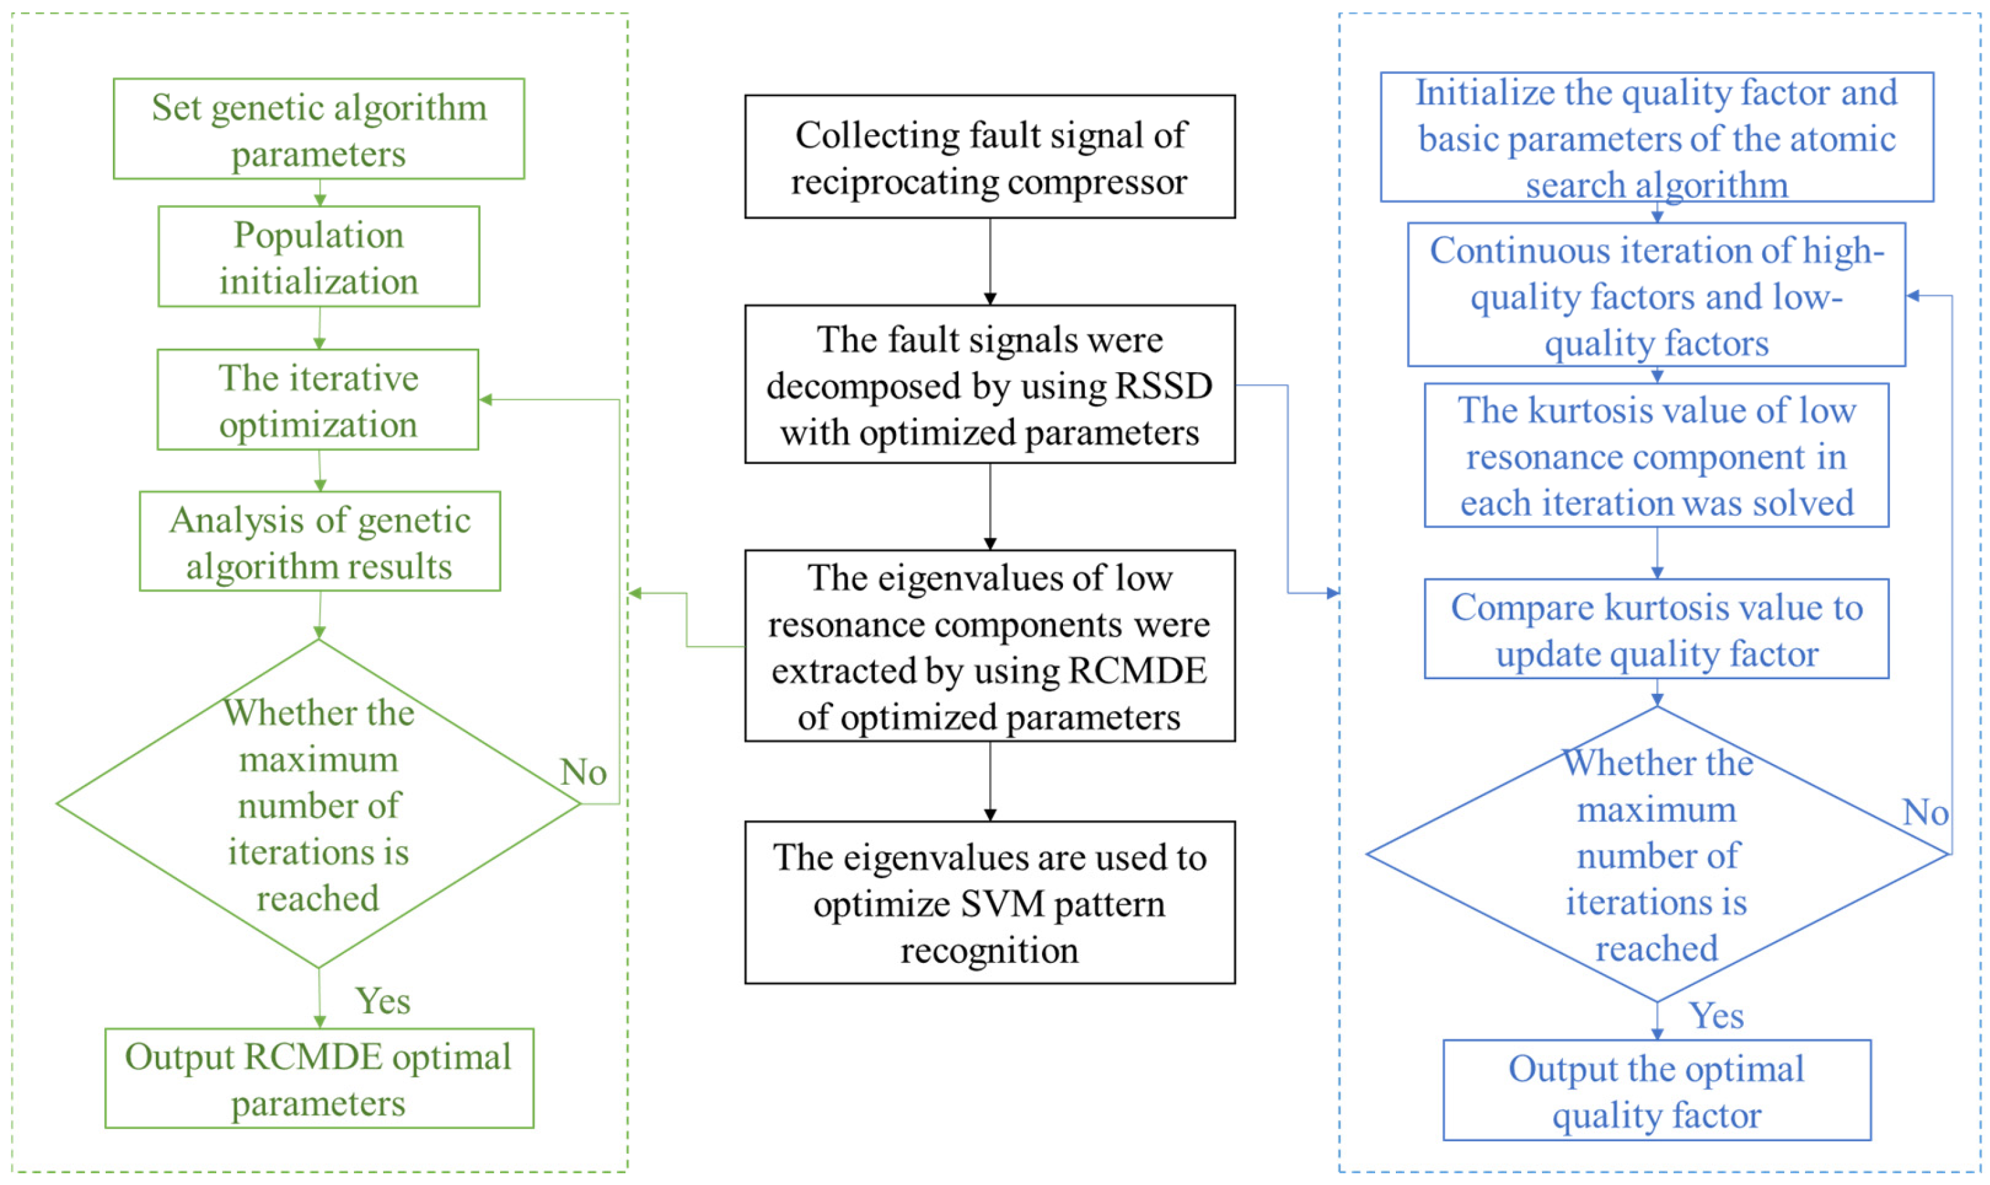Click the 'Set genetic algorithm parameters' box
coord(319,129)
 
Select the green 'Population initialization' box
coord(319,257)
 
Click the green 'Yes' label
coord(383,1000)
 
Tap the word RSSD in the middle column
coord(1163,387)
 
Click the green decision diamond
coord(318,804)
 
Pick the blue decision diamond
coord(1656,855)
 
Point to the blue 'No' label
coord(1925,813)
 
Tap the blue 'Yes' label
coord(1715,1017)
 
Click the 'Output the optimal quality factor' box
coord(1656,1091)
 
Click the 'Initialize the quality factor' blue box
coord(1656,137)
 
